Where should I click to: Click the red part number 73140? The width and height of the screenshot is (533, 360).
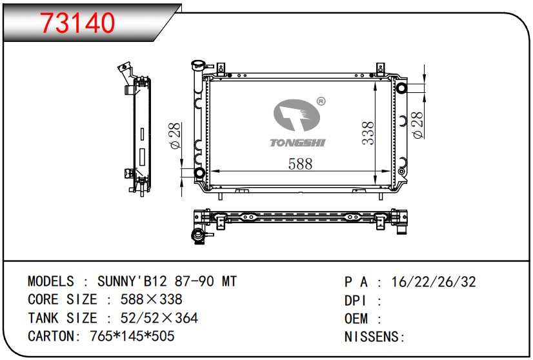[x=78, y=23]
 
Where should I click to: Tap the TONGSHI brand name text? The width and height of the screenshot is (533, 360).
[x=297, y=143]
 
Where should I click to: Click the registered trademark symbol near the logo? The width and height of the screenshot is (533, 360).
[x=321, y=101]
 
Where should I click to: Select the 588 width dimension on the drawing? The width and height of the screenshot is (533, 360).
[x=300, y=164]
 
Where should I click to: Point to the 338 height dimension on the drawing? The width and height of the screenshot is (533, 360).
[x=368, y=133]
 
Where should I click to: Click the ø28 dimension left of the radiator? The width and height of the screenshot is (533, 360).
[x=175, y=135]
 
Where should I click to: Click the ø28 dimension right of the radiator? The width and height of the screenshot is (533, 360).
[x=417, y=125]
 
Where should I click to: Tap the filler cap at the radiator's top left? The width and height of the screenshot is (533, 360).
[x=198, y=65]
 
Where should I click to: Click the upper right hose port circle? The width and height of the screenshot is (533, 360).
[x=401, y=88]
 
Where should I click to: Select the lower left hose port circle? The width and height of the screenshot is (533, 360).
[x=199, y=173]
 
